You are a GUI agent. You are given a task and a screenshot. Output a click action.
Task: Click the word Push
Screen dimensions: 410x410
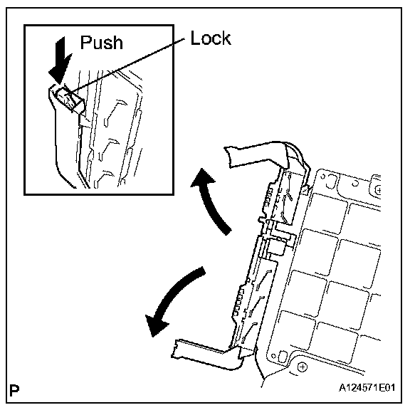tap(102, 42)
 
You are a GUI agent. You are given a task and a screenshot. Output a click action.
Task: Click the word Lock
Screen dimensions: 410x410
tap(211, 38)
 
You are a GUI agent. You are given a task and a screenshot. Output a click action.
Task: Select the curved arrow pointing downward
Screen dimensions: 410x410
tap(174, 298)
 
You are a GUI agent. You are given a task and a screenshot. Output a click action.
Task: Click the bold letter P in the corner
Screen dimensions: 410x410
tap(14, 391)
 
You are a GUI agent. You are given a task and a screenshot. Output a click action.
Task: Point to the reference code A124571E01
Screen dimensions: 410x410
tap(367, 387)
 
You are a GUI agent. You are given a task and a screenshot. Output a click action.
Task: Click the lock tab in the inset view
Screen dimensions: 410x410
tap(70, 100)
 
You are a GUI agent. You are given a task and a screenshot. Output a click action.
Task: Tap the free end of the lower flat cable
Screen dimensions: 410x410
tap(174, 349)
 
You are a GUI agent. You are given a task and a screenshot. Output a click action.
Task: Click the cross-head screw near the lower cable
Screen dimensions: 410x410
tap(303, 367)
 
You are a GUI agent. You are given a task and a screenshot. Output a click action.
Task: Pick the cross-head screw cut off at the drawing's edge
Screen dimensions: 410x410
tap(378, 190)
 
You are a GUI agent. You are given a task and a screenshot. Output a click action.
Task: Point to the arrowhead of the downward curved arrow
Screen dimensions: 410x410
tap(156, 326)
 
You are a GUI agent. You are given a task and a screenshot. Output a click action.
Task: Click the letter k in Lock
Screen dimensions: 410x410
tap(226, 38)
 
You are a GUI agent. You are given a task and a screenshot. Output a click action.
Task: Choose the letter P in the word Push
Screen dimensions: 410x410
tap(85, 42)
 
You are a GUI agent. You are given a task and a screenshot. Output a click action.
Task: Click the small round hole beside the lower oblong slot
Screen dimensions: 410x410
tap(273, 356)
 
